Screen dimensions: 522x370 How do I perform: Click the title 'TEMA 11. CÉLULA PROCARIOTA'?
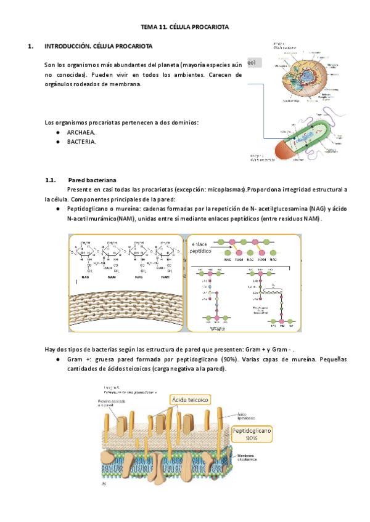point(185,27)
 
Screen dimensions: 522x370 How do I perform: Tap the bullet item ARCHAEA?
point(81,132)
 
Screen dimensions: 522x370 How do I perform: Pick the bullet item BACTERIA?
point(81,142)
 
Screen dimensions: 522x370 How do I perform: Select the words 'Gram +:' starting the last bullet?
point(79,359)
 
